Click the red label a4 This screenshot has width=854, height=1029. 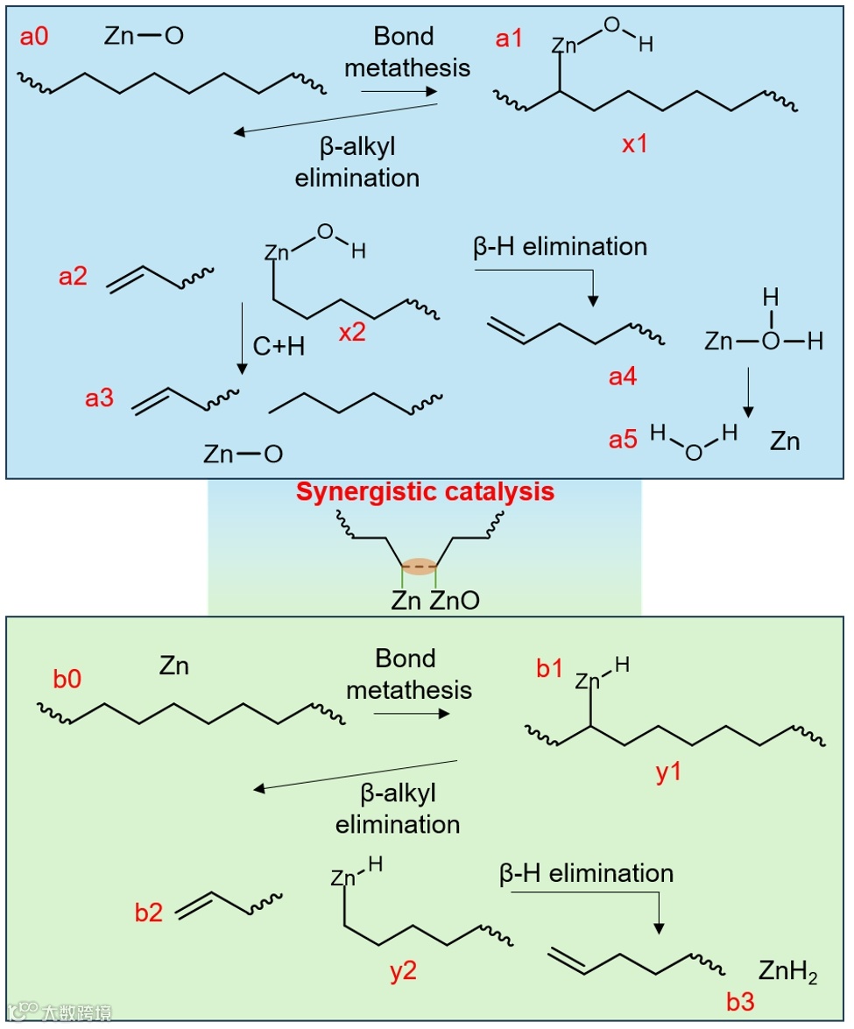[x=623, y=377]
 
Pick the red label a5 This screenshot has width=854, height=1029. [x=623, y=439]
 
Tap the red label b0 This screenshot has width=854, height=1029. [x=67, y=679]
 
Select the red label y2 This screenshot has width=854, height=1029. [x=403, y=973]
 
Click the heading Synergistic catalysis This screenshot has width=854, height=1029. [x=425, y=492]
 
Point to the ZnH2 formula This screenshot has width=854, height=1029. [x=788, y=973]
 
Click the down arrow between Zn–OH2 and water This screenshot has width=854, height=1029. [x=749, y=391]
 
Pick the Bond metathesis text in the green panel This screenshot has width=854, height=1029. [x=408, y=673]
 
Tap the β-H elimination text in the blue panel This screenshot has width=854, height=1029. [x=560, y=246]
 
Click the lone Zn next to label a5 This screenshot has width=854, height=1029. [x=785, y=441]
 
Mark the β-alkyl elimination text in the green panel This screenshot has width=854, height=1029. [x=398, y=808]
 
